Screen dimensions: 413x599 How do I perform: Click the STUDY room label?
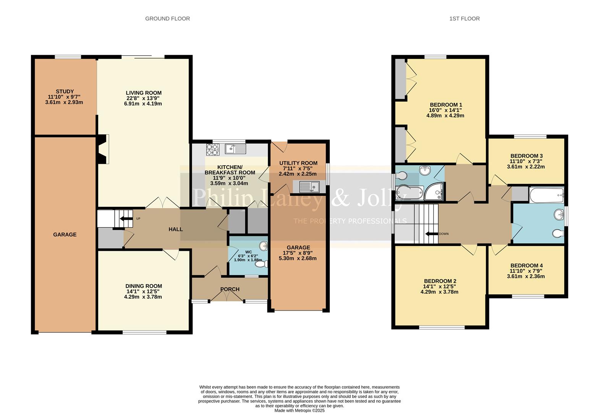coord(65,91)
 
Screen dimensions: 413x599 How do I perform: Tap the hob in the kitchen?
coord(212,149)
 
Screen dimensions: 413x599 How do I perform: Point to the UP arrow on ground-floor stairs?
coord(125,219)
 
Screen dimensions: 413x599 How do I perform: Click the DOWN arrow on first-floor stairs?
coord(431,234)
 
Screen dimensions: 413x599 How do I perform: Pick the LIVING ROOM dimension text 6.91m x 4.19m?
coord(143,104)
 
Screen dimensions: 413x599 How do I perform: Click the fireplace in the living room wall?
coord(103,149)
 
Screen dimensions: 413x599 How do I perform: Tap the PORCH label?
coord(230,289)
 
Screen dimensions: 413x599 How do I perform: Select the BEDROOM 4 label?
coord(526,265)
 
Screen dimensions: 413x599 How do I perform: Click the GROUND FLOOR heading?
coord(167,18)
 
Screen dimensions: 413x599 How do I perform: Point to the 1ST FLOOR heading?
coord(464,18)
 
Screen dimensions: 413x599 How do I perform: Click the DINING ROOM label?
coord(144,286)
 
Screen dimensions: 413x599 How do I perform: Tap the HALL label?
coord(176,229)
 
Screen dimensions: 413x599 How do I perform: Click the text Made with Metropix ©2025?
coord(299,410)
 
